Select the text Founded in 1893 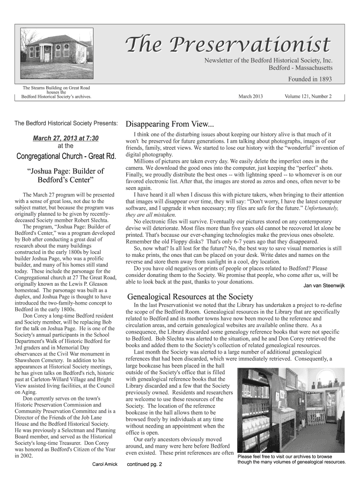[x=306, y=79]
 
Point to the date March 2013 [x=251, y=97]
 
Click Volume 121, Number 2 [x=308, y=97]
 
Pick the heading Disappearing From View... [x=169, y=124]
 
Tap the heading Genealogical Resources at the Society [x=190, y=297]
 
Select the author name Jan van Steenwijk [x=324, y=285]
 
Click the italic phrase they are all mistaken [x=148, y=215]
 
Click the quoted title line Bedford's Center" [x=65, y=180]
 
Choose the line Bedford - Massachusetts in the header [x=300, y=68]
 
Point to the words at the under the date [x=65, y=146]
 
